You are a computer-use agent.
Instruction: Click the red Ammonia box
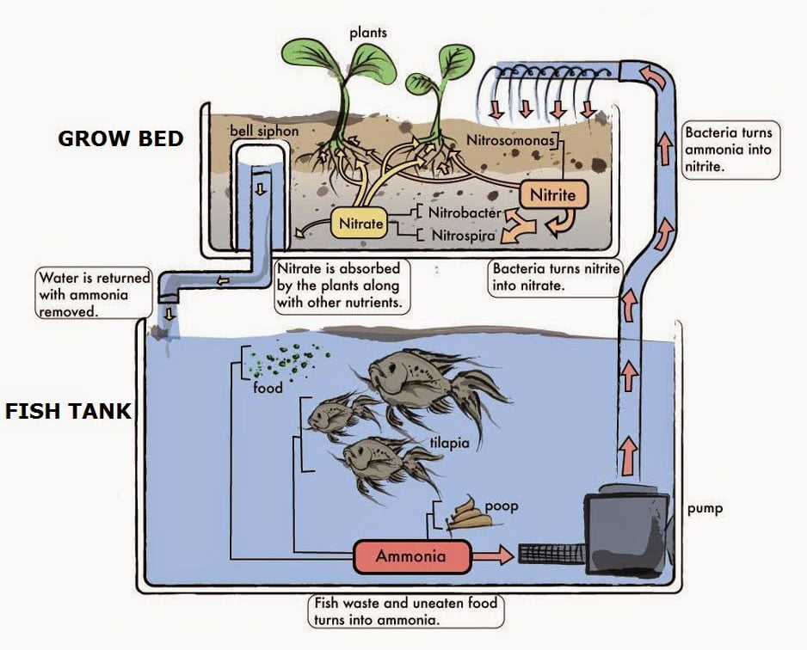click(x=411, y=556)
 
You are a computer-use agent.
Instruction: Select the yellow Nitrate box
click(x=360, y=224)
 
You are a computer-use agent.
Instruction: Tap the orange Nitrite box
click(x=552, y=195)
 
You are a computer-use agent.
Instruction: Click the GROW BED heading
click(x=120, y=138)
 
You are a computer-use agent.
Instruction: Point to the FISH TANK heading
click(x=68, y=411)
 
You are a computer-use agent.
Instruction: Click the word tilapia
click(x=448, y=444)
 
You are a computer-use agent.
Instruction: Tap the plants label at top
click(x=367, y=34)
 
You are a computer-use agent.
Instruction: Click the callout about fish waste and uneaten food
click(x=405, y=610)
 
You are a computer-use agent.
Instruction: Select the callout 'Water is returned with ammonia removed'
click(x=94, y=294)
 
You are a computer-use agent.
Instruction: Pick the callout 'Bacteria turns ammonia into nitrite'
click(x=729, y=150)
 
